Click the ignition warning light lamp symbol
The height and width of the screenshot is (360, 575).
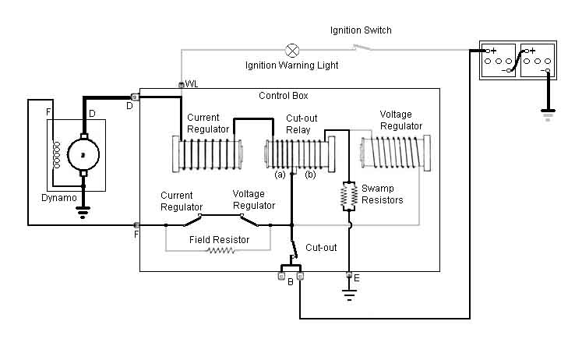click(x=292, y=50)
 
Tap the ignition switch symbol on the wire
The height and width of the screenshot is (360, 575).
click(x=362, y=48)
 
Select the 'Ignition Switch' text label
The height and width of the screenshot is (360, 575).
click(x=361, y=30)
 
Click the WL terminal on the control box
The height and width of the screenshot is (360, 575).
click(x=182, y=85)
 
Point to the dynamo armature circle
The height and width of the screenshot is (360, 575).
click(x=83, y=155)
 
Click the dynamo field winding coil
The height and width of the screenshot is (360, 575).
click(x=56, y=155)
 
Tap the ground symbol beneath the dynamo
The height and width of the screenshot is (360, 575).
click(x=83, y=212)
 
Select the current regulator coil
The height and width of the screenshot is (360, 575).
click(x=207, y=154)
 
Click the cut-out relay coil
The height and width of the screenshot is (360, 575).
click(x=300, y=154)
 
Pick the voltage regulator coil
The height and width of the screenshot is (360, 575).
click(x=396, y=153)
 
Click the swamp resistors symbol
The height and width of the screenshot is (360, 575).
click(x=349, y=196)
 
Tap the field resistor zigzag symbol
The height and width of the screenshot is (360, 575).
click(x=220, y=251)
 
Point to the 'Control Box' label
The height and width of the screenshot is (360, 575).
click(x=284, y=96)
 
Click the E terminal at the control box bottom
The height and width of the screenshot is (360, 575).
click(x=349, y=274)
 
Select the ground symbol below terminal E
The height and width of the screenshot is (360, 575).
click(x=349, y=295)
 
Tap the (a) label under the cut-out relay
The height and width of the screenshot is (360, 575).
click(x=280, y=175)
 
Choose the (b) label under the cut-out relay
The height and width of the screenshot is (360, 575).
click(x=310, y=175)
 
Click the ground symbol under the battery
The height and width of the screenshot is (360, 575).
click(x=548, y=115)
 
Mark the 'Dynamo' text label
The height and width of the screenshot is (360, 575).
click(x=59, y=198)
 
